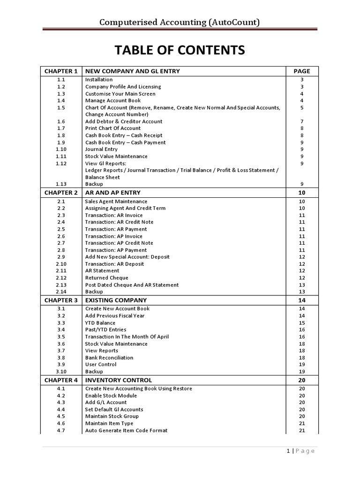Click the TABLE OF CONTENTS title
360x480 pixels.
pos(180,50)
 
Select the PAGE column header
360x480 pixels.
pos(302,71)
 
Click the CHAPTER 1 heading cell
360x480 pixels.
pos(61,71)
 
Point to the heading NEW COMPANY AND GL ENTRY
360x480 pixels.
pos(133,71)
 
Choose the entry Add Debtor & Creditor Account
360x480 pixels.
pos(124,121)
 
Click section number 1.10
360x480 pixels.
pos(61,149)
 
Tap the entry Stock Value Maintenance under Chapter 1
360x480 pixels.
pos(116,156)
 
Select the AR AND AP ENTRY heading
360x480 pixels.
pos(112,193)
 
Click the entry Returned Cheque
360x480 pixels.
pos(106,277)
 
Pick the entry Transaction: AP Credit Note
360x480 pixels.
pos(119,243)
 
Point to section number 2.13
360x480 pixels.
pos(61,285)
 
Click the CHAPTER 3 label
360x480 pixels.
pos(61,300)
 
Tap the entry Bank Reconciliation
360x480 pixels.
pos(109,357)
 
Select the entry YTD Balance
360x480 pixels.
pos(100,322)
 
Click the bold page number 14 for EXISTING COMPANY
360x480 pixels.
pos(302,300)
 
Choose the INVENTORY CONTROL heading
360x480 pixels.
pos(119,380)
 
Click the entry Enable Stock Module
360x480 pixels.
pos(111,395)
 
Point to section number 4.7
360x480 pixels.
pos(61,430)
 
